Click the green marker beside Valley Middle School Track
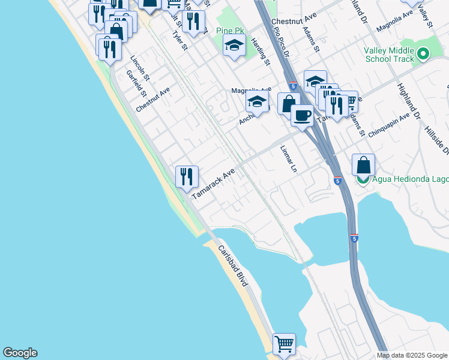424,55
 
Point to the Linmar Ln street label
288,159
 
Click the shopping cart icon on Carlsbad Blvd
284,344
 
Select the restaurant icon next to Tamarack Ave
187,175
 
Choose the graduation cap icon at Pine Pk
234,45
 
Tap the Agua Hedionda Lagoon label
408,179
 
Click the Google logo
20,353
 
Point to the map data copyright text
411,355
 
